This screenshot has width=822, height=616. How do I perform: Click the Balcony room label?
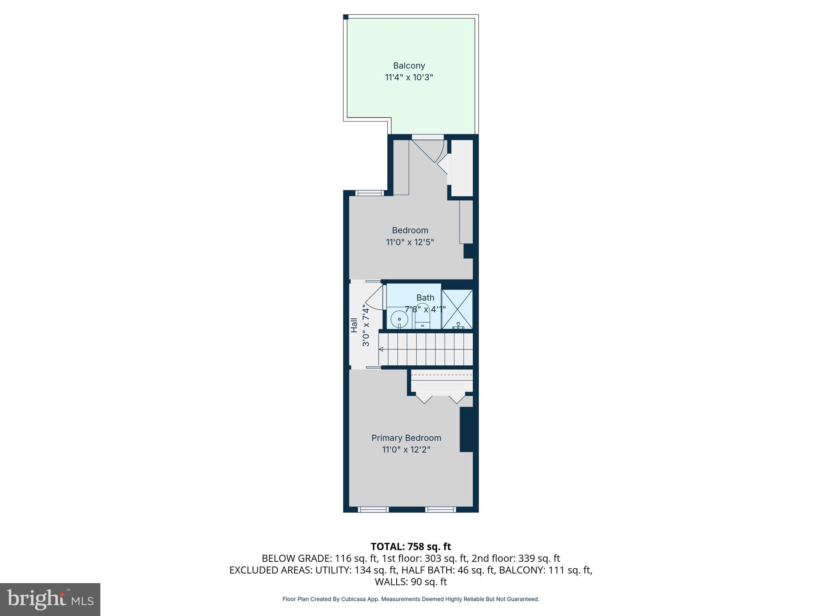(409, 65)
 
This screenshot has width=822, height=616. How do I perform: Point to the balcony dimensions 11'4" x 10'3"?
(409, 77)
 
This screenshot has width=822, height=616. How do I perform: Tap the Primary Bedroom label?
(406, 438)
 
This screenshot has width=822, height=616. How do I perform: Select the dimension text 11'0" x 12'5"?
(410, 242)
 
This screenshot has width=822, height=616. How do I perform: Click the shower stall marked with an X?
(457, 309)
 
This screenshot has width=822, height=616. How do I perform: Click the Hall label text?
(354, 325)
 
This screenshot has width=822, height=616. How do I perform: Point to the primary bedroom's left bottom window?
(373, 509)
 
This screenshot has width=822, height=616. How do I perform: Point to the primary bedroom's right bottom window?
(441, 509)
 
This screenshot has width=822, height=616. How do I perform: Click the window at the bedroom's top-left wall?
(369, 193)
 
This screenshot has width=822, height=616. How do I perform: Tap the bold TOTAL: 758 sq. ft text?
(411, 547)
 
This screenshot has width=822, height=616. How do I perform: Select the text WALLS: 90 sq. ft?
(411, 582)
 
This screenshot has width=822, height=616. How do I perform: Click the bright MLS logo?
(50, 599)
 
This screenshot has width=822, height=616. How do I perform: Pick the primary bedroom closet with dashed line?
(442, 381)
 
